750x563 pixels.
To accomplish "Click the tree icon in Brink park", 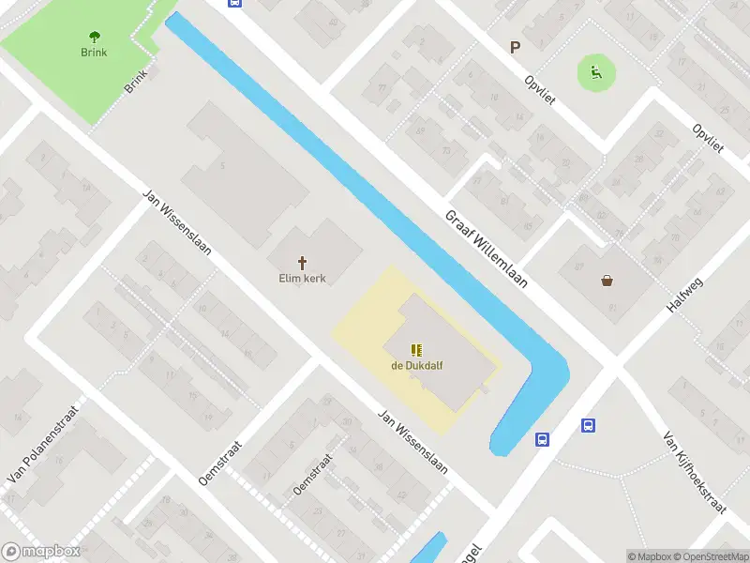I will [x=94, y=37].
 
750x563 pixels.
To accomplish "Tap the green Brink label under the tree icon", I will [x=94, y=53].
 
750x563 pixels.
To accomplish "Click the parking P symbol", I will [x=514, y=47].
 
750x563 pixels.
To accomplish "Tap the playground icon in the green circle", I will [x=595, y=71].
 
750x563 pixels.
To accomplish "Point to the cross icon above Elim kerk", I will [x=303, y=263].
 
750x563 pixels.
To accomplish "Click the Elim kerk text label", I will [x=303, y=279].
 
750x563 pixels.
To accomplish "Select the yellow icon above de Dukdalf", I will [x=416, y=350].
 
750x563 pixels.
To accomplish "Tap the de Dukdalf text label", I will [x=416, y=366].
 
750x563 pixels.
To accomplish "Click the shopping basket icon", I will [x=607, y=280].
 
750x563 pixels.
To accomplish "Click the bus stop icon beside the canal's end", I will [x=542, y=439].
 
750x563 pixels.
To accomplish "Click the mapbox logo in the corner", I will [x=41, y=552].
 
